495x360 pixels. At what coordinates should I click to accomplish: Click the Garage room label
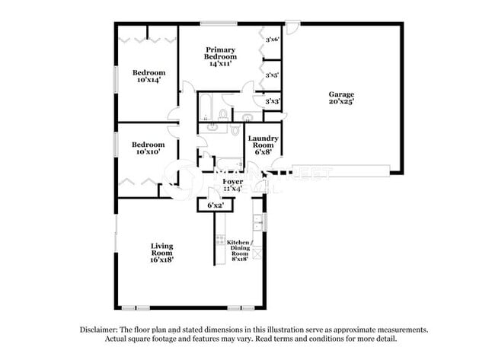tap(340, 94)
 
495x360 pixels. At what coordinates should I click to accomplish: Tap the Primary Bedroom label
tap(221, 53)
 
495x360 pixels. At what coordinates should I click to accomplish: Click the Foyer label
tap(232, 182)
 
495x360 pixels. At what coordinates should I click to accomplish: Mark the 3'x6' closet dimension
tap(272, 37)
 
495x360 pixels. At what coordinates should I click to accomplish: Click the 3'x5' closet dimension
tap(272, 75)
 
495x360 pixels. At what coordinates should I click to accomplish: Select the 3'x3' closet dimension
tap(272, 100)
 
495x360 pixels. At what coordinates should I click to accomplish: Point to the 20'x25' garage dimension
tap(340, 101)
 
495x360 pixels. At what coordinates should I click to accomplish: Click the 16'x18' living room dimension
tap(161, 259)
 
